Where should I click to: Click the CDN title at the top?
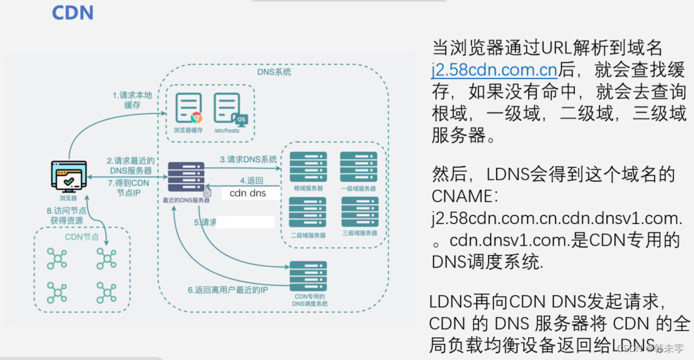pyautogui.click(x=72, y=13)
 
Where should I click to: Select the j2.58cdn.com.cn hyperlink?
pyautogui.click(x=495, y=69)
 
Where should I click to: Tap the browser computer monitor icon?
pyautogui.click(x=69, y=177)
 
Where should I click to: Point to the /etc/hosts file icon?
pyautogui.click(x=228, y=109)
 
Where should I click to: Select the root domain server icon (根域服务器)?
pyautogui.click(x=308, y=167)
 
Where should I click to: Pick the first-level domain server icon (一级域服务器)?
pyautogui.click(x=359, y=167)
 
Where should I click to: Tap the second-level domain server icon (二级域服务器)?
pyautogui.click(x=308, y=212)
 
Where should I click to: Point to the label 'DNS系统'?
pyautogui.click(x=274, y=72)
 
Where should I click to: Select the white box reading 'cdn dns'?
pyautogui.click(x=248, y=193)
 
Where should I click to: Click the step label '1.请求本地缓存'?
pyautogui.click(x=132, y=100)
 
